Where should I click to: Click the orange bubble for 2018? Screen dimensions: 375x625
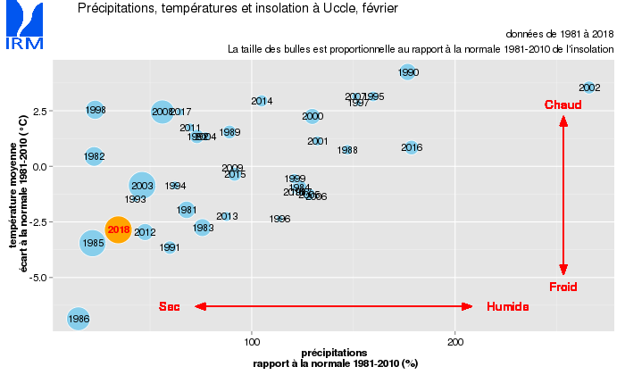click(119, 230)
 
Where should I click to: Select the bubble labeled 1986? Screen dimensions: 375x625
click(79, 318)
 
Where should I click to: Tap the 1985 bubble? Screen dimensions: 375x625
click(94, 242)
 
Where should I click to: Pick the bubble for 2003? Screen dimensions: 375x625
click(142, 186)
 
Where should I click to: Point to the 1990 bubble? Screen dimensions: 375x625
click(408, 72)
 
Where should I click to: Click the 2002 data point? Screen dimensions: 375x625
click(589, 87)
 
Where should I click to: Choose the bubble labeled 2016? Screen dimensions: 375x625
click(412, 147)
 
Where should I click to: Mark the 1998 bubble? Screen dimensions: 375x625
click(96, 110)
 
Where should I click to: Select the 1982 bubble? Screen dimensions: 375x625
click(95, 156)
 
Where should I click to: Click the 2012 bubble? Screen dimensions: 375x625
click(145, 232)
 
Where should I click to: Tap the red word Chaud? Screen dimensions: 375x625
click(563, 105)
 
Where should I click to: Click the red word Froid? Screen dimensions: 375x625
click(563, 287)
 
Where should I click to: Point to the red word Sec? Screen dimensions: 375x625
click(170, 306)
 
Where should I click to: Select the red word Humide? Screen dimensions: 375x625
click(508, 306)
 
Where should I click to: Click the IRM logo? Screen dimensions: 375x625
click(23, 27)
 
